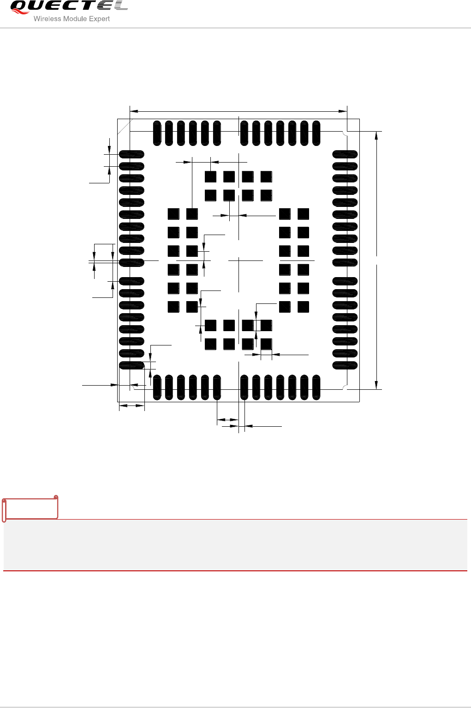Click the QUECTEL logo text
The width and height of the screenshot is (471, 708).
[68, 7]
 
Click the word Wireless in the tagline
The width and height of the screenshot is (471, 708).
[47, 19]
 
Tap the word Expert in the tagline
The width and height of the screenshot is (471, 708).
[99, 19]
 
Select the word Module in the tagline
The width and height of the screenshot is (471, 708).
[75, 19]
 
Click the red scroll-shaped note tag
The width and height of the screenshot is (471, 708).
[30, 508]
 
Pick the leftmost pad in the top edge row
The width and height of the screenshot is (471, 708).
[157, 133]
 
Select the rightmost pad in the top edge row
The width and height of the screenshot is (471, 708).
[316, 133]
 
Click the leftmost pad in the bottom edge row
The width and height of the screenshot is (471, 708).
[157, 387]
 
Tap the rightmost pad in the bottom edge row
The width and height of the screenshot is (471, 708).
[316, 387]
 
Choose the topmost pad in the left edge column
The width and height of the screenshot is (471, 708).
[131, 154]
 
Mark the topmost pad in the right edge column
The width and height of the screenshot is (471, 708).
[345, 154]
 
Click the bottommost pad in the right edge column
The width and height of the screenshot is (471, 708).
[345, 365]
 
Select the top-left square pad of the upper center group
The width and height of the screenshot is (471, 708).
[211, 177]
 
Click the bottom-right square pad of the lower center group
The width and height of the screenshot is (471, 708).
[266, 344]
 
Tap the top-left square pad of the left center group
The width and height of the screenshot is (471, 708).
[173, 214]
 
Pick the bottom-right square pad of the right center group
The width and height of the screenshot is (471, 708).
[303, 307]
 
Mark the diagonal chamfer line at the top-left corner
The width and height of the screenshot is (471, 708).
[125, 127]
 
